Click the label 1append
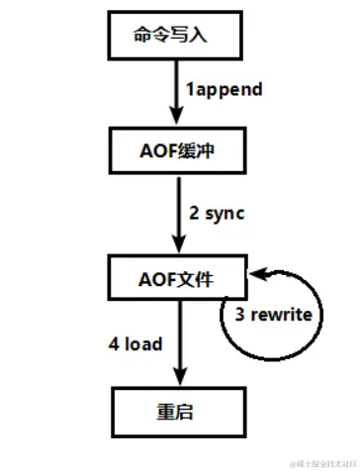click(x=225, y=90)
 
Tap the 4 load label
click(x=135, y=343)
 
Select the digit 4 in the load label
click(x=113, y=343)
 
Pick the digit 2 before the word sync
click(x=193, y=213)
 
